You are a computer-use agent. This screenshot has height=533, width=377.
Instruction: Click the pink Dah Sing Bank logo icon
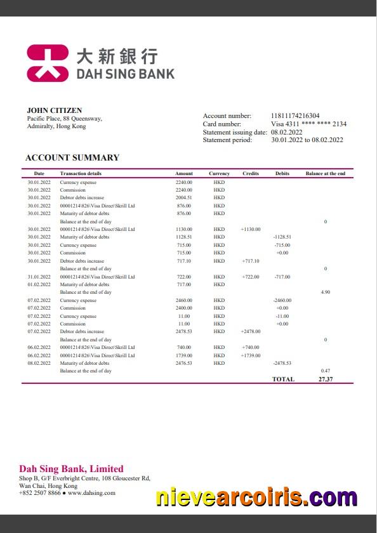[47, 63]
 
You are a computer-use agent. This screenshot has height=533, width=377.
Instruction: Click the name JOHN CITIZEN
[54, 110]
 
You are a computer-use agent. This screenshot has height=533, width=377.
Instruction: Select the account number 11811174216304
[295, 115]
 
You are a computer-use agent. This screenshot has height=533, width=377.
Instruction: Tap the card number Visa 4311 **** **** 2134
[308, 124]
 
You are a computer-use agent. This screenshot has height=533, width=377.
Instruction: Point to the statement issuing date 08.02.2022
[286, 132]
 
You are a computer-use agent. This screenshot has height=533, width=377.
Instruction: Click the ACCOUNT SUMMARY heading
[72, 157]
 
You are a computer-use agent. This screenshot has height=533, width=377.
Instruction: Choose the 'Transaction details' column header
[81, 173]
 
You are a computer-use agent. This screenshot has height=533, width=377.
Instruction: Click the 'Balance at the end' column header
[325, 173]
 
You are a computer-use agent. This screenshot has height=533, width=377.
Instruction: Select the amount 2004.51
[183, 198]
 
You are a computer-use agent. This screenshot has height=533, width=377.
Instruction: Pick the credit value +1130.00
[250, 229]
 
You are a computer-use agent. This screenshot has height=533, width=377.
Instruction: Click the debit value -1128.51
[282, 237]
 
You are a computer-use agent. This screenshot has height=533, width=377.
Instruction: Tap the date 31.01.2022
[39, 277]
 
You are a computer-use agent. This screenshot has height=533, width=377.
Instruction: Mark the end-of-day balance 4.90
[325, 292]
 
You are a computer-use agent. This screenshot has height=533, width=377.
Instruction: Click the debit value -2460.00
[282, 300]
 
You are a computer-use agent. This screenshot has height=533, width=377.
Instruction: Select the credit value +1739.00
[250, 355]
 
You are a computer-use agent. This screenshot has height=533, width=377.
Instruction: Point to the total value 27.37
[326, 379]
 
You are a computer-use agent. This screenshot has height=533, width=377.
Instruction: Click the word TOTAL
[283, 379]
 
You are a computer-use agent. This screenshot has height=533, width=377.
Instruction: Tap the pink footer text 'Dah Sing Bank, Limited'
[71, 469]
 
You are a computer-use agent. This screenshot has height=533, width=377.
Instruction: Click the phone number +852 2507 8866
[39, 492]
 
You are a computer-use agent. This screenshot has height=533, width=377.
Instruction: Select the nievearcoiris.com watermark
[256, 497]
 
